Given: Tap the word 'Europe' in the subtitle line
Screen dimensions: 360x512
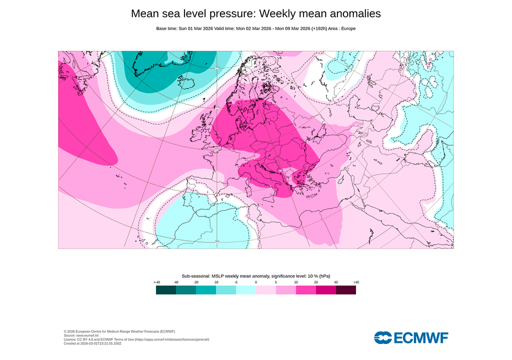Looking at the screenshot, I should (348, 28).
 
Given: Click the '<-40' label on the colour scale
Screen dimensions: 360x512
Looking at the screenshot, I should (157, 282).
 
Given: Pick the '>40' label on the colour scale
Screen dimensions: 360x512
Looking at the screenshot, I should (356, 282).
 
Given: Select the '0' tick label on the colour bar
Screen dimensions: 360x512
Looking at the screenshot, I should (256, 282).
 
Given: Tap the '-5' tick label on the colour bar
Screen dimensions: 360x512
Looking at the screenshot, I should (236, 282).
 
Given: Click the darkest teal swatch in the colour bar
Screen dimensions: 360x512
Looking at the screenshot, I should (166, 290).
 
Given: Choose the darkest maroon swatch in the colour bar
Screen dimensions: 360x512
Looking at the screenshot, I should (346, 290).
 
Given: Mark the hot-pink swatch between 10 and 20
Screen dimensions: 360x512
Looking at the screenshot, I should (306, 290).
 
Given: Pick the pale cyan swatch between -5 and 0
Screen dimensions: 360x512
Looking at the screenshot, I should (246, 290).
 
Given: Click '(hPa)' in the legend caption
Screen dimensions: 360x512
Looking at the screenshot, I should (324, 276).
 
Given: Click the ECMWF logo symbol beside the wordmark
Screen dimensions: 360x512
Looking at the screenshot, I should (383, 337).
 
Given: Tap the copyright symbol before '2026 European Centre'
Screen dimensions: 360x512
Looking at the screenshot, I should (65, 331).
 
